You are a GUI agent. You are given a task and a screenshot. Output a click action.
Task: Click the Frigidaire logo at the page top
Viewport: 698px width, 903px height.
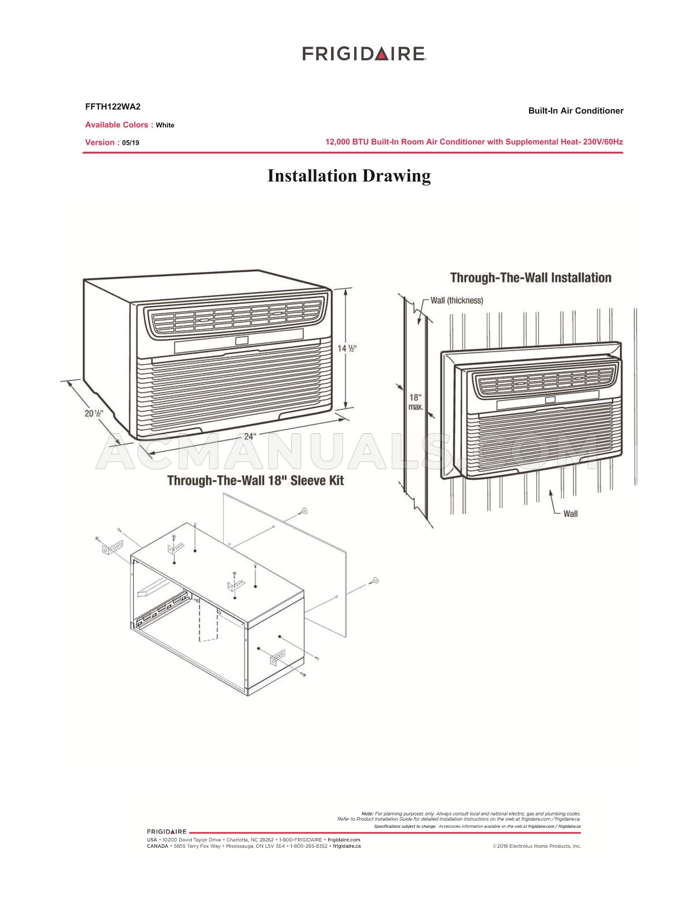364,54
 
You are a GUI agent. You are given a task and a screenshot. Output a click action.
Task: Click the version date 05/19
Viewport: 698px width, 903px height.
130,143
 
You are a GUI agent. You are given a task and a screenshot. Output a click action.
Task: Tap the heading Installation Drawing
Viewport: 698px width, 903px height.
349,176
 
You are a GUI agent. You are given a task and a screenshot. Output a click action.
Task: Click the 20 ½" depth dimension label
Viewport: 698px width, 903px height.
93,413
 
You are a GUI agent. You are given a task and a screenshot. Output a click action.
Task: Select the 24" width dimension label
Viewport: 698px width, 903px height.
250,436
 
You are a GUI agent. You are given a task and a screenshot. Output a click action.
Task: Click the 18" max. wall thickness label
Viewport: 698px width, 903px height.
415,402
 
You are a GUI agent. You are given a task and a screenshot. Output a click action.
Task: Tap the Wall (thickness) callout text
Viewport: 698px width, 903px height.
456,300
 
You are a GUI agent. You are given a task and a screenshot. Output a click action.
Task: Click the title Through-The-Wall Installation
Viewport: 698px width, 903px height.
531,277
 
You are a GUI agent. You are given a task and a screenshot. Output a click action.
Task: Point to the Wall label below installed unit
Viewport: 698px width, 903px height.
570,513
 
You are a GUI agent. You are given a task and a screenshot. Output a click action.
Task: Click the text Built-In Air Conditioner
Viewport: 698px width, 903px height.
576,111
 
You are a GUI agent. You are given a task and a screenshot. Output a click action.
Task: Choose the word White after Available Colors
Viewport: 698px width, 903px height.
165,125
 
